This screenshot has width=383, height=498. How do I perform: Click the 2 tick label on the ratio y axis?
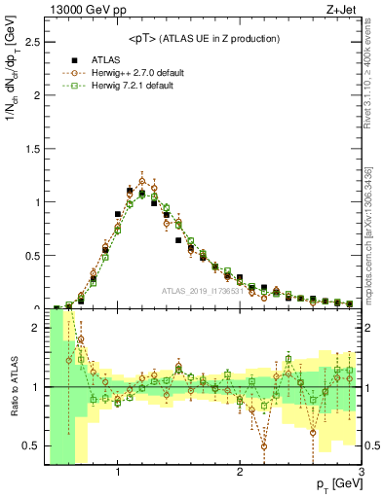pyautogui.click(x=34, y=329)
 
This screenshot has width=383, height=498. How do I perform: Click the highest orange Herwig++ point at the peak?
pyautogui.click(x=142, y=180)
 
